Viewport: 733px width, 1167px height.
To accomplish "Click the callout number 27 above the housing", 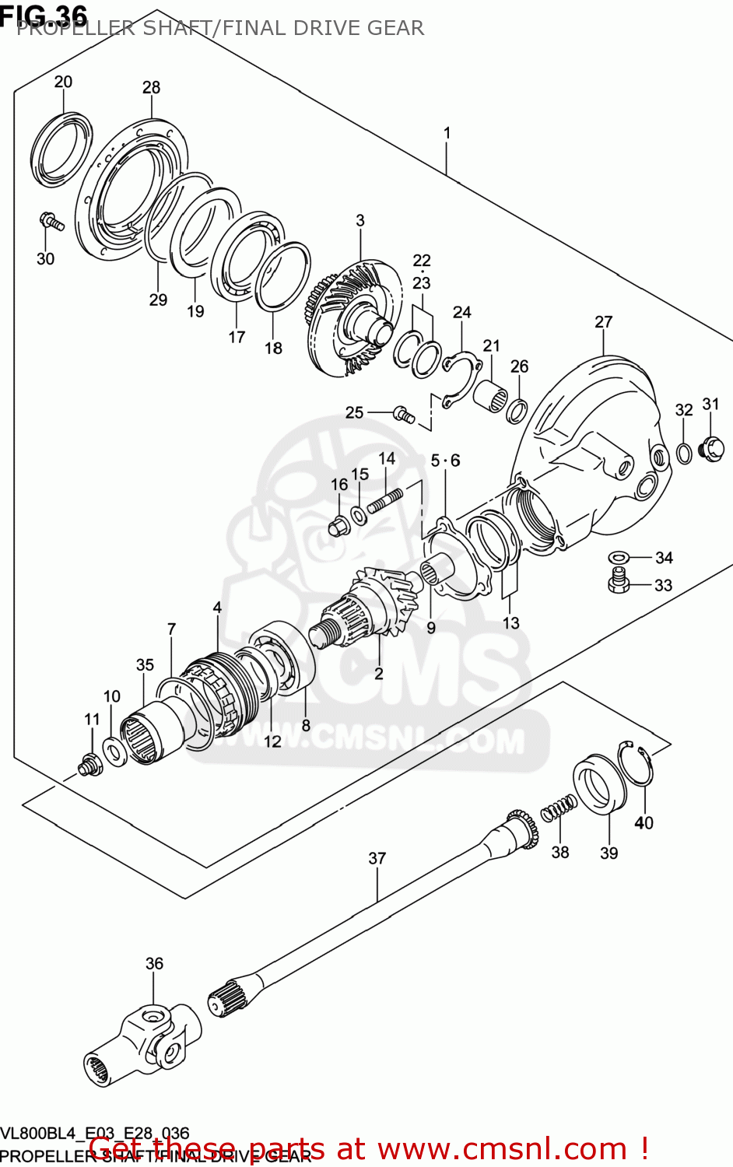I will tap(604, 321).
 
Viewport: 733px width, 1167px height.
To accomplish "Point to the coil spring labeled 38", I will tap(559, 809).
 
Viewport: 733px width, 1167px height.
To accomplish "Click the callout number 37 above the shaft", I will tap(377, 858).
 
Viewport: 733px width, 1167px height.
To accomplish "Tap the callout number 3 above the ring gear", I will tap(360, 221).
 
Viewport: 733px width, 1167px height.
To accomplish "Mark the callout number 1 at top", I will tap(447, 133).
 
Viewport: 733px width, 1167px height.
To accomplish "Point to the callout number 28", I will tap(151, 87).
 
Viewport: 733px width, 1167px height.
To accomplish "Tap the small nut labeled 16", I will tap(338, 527).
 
